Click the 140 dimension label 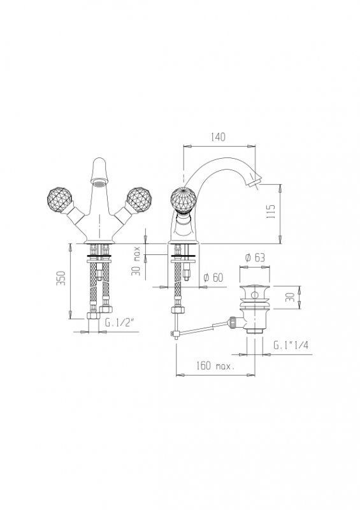(x=218, y=137)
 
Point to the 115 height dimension (x=271, y=211)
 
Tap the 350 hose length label (x=61, y=278)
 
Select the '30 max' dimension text (x=136, y=261)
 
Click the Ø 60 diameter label (x=213, y=277)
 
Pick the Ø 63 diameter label (x=255, y=258)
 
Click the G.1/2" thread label (x=120, y=323)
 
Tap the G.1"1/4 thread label (x=291, y=345)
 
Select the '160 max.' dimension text (x=215, y=366)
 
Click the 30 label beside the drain (x=290, y=297)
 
